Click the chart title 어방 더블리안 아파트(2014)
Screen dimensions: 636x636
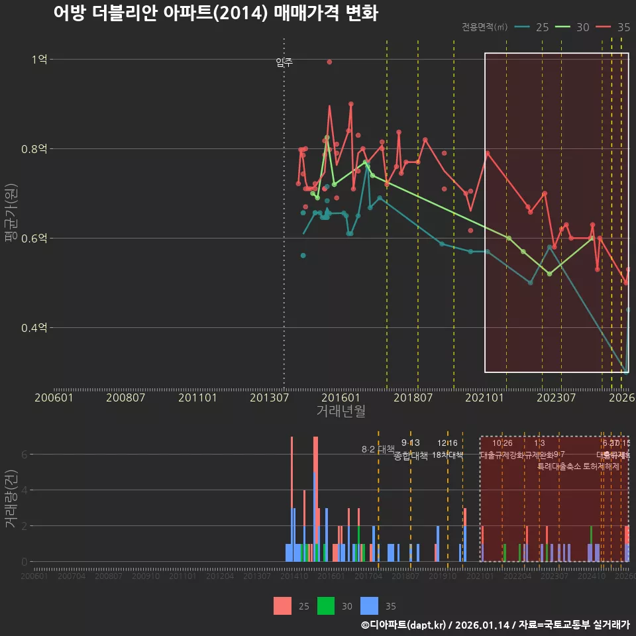click(x=215, y=13)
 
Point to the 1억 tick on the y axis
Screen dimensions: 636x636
click(x=39, y=59)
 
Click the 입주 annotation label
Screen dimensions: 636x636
click(x=284, y=62)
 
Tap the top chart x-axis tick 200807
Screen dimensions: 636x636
click(x=126, y=397)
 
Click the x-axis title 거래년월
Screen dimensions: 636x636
click(x=341, y=411)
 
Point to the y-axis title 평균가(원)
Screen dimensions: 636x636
click(x=11, y=215)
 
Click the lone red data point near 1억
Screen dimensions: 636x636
click(x=329, y=62)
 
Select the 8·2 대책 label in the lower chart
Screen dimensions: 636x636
click(x=378, y=449)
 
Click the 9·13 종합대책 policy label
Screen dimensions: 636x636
click(x=411, y=449)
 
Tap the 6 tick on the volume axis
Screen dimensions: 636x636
click(x=25, y=454)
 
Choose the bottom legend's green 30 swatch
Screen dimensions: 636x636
click(x=327, y=606)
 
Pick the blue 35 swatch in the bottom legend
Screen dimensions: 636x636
click(x=369, y=606)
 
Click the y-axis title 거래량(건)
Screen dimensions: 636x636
click(x=11, y=499)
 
